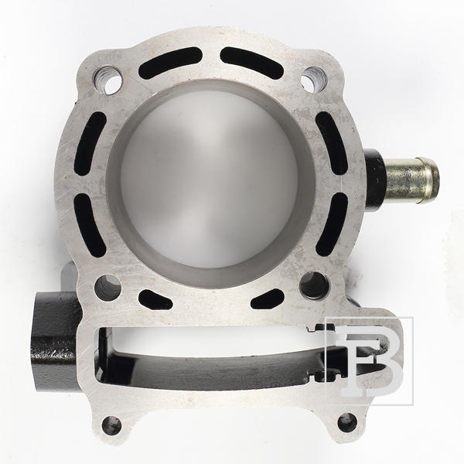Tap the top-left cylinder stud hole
pyautogui.click(x=108, y=80)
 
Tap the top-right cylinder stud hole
pyautogui.click(x=314, y=80)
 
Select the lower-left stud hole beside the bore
pyautogui.click(x=107, y=288)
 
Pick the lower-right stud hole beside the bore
pyautogui.click(x=314, y=285)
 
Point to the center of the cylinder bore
pyautogui.click(x=210, y=183)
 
